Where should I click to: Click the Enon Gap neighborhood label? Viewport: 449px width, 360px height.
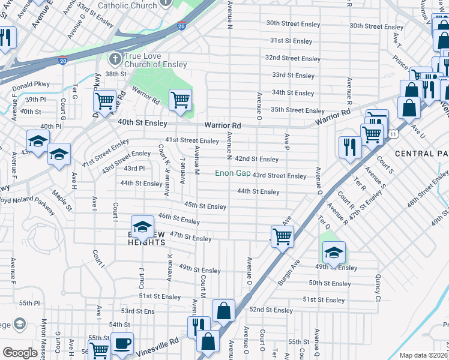(x=233, y=173)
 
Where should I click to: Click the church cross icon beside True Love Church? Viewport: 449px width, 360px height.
(x=115, y=59)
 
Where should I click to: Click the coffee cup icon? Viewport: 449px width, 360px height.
(x=122, y=343)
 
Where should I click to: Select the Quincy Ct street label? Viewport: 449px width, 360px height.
(x=378, y=288)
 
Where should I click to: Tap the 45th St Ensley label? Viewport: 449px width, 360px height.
(x=205, y=206)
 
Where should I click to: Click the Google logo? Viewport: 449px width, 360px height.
(x=20, y=353)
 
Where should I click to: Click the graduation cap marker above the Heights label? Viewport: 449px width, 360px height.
(x=142, y=226)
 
